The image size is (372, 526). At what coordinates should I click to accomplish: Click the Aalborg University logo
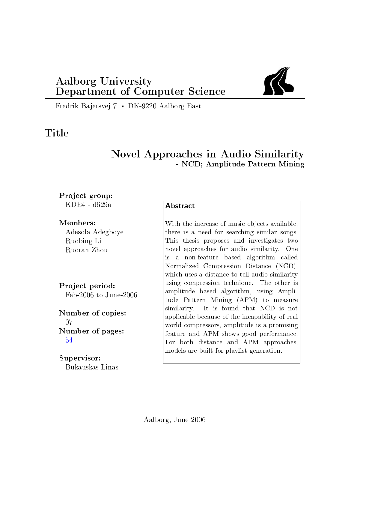click(278, 81)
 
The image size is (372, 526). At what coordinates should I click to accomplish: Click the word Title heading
click(57, 133)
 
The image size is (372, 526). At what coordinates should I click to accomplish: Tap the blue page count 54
click(69, 340)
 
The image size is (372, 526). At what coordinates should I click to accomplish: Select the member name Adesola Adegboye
click(94, 232)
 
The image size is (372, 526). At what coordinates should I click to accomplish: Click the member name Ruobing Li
click(83, 241)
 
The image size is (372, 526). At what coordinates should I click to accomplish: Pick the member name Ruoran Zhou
click(87, 250)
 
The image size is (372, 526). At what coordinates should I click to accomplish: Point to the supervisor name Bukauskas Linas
click(92, 367)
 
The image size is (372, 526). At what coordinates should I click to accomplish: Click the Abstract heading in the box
click(180, 206)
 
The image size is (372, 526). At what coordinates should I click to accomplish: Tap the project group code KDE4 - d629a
click(88, 205)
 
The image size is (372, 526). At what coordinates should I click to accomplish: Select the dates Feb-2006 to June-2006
click(101, 295)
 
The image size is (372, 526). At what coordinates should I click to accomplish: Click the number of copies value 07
click(69, 322)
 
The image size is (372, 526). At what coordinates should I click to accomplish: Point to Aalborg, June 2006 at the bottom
click(174, 420)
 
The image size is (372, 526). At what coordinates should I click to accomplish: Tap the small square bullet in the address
click(122, 106)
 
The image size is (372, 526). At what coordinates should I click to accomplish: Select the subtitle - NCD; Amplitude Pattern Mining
click(240, 164)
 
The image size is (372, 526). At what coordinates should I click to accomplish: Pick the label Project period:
click(87, 286)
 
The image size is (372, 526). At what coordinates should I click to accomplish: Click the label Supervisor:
click(80, 358)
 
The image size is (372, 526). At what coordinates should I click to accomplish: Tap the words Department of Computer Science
click(140, 91)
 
